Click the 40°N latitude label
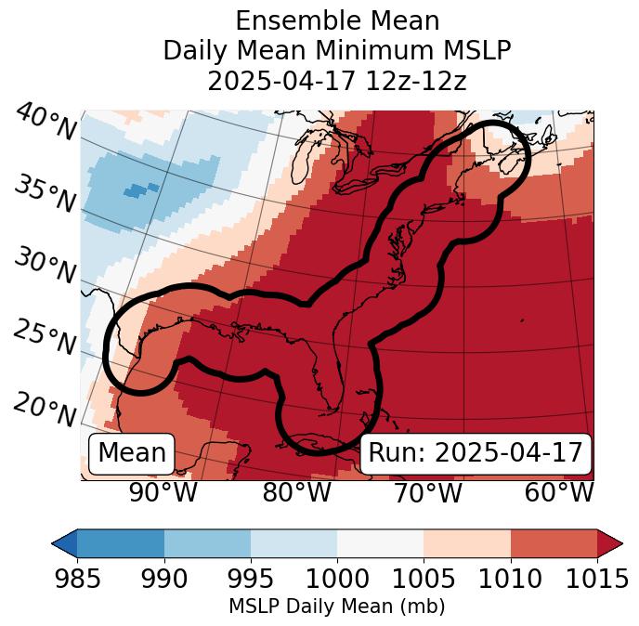coord(46,122)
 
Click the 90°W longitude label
coord(163,492)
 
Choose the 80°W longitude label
coord(296,492)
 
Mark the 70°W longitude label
coord(427,492)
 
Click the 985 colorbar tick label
coord(77,579)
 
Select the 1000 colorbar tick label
coord(336,579)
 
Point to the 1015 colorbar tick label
coord(596,579)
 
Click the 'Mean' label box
coord(132,453)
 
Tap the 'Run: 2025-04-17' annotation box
coord(475,453)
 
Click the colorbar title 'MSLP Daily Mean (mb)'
coord(336,606)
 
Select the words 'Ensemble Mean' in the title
coord(336,20)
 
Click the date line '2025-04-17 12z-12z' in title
coord(336,81)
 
